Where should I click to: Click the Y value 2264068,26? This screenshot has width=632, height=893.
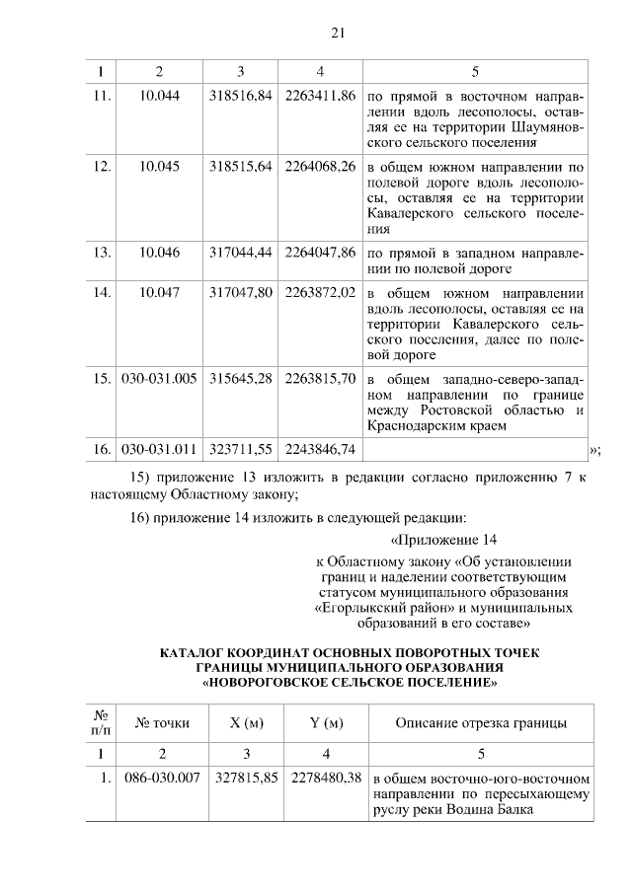coord(320,167)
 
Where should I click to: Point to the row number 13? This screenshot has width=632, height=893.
coord(101,252)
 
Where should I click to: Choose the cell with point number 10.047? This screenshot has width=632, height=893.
coord(160,293)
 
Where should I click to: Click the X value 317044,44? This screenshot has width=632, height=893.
coord(241,252)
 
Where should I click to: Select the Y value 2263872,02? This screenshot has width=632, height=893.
coord(320,293)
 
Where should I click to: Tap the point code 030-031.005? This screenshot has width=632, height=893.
coord(160,379)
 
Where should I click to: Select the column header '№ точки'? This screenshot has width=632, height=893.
coord(162,723)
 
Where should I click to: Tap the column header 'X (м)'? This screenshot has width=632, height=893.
coord(246,723)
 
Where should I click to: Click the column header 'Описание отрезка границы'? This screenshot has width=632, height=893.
coord(481,723)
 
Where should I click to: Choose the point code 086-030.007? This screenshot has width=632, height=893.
coord(162,777)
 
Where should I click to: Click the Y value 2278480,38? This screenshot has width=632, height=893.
coord(327,777)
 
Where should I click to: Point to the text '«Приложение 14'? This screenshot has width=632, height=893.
coord(437,540)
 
